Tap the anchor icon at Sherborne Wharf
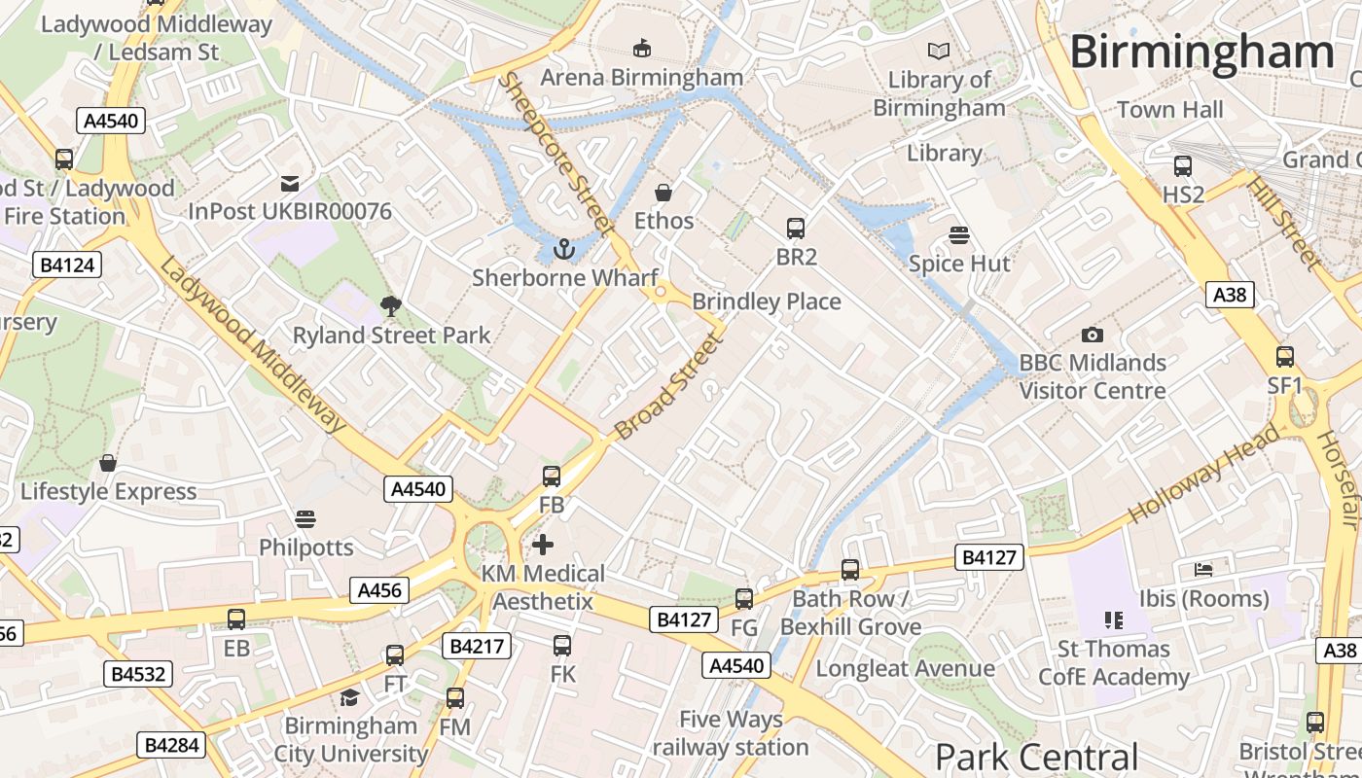click(x=563, y=250)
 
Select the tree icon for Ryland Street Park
click(x=391, y=307)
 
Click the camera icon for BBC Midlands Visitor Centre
click(x=1093, y=335)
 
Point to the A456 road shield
click(x=380, y=590)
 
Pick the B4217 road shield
click(x=476, y=646)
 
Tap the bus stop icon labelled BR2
click(x=796, y=229)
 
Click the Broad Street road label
click(x=670, y=386)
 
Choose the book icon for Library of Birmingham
click(x=939, y=51)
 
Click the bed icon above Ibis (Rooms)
click(x=1204, y=570)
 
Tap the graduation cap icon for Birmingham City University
click(x=349, y=697)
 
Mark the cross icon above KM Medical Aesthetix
click(x=543, y=545)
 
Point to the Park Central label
click(x=1036, y=757)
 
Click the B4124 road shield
click(x=67, y=264)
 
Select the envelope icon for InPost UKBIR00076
click(x=289, y=183)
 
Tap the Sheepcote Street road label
click(x=556, y=154)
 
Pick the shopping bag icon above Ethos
click(x=663, y=193)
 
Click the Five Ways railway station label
click(x=731, y=733)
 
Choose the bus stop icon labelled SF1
click(x=1285, y=357)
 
